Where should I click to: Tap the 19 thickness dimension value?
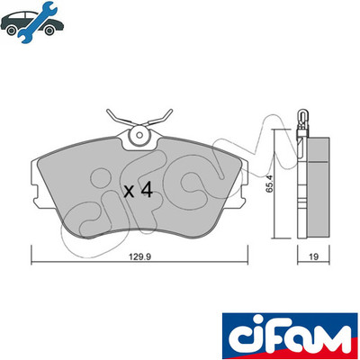point(314,256)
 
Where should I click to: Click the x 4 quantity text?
point(139,190)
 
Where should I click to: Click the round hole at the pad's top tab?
point(139,135)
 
